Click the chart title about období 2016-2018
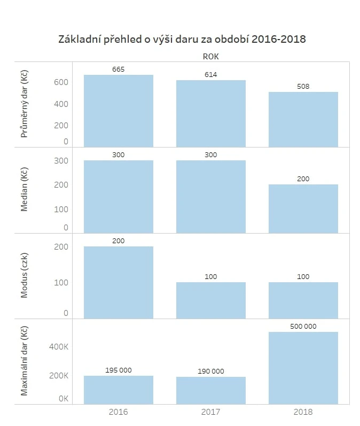coord(182,39)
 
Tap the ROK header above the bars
coord(210,56)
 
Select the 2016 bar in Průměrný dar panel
coord(119,111)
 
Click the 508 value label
coord(303,87)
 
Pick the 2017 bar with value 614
coord(211,113)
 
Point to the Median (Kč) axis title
coord(24,190)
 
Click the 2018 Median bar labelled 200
coord(303,208)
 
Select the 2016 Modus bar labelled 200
coord(119,282)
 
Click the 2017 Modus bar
coord(211,300)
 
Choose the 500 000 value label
coord(303,326)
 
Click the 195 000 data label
coord(119,370)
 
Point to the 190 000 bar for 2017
coord(211,390)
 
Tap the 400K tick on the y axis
coord(59,347)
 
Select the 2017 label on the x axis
coord(211,412)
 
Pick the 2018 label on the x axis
coord(303,412)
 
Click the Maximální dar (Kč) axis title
coord(24,362)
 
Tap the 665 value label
coord(119,69)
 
